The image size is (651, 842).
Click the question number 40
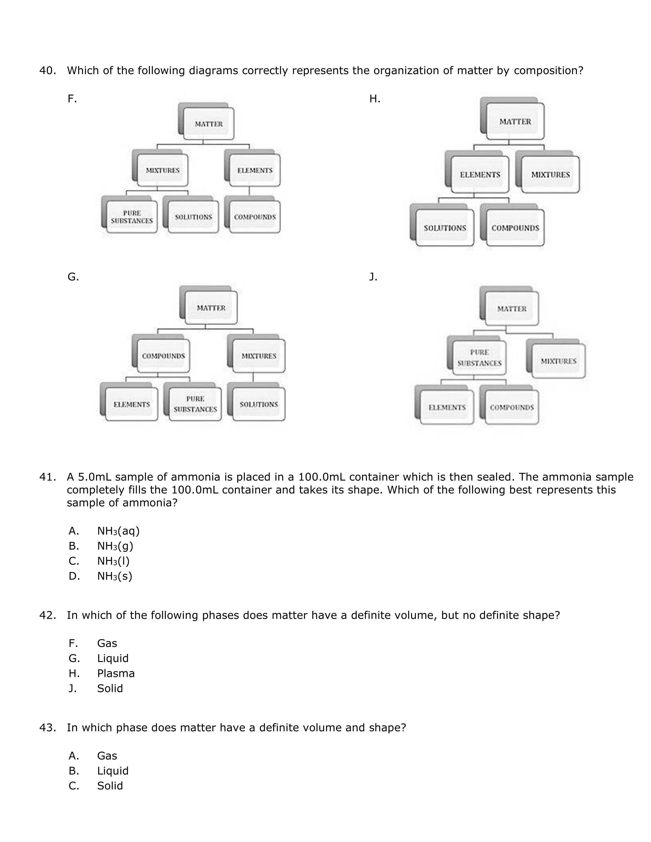point(47,71)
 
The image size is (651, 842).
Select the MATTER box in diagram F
point(209,124)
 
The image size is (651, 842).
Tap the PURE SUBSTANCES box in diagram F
point(132,217)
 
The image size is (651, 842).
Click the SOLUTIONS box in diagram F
point(193,217)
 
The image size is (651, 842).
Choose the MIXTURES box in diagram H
point(550,175)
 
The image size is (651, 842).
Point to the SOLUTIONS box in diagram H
point(445,228)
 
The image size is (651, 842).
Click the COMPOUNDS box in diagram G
point(164,356)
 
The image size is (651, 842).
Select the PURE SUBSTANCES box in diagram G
point(195,404)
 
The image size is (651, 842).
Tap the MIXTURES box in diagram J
point(558,361)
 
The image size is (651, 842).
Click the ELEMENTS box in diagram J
point(447,407)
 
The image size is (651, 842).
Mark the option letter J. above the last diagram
point(373,277)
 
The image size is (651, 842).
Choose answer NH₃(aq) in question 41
point(118,531)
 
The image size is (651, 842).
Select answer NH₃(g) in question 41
point(115,546)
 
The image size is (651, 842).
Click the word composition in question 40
point(548,71)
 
